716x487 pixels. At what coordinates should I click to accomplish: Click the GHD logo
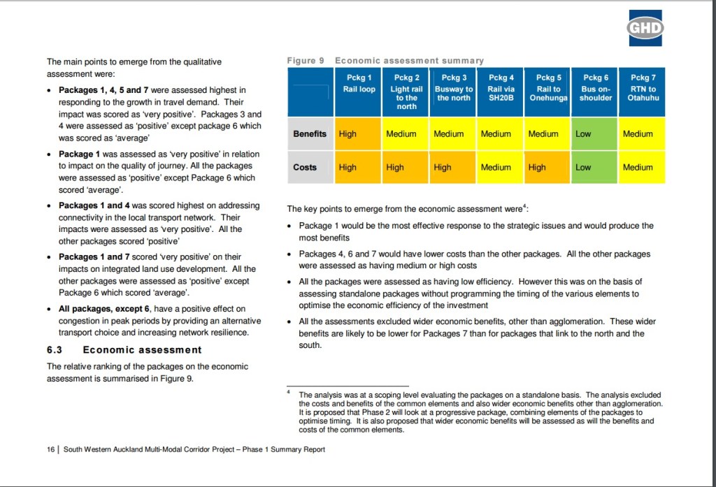click(x=644, y=27)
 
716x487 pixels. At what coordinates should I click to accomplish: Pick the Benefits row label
click(x=310, y=133)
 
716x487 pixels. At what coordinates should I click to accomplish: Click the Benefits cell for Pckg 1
click(x=358, y=133)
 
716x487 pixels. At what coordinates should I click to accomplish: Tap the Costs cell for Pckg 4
click(x=500, y=167)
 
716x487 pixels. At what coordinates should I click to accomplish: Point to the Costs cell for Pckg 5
click(x=547, y=167)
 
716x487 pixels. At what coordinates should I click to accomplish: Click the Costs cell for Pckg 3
click(x=452, y=167)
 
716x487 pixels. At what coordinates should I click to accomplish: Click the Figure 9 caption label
click(x=305, y=61)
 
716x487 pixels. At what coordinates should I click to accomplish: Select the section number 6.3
click(x=55, y=350)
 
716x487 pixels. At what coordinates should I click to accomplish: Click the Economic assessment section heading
click(x=142, y=350)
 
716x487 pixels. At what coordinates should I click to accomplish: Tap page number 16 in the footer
click(x=51, y=449)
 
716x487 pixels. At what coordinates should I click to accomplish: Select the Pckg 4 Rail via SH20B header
click(x=500, y=89)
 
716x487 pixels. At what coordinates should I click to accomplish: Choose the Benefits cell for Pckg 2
click(x=406, y=133)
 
